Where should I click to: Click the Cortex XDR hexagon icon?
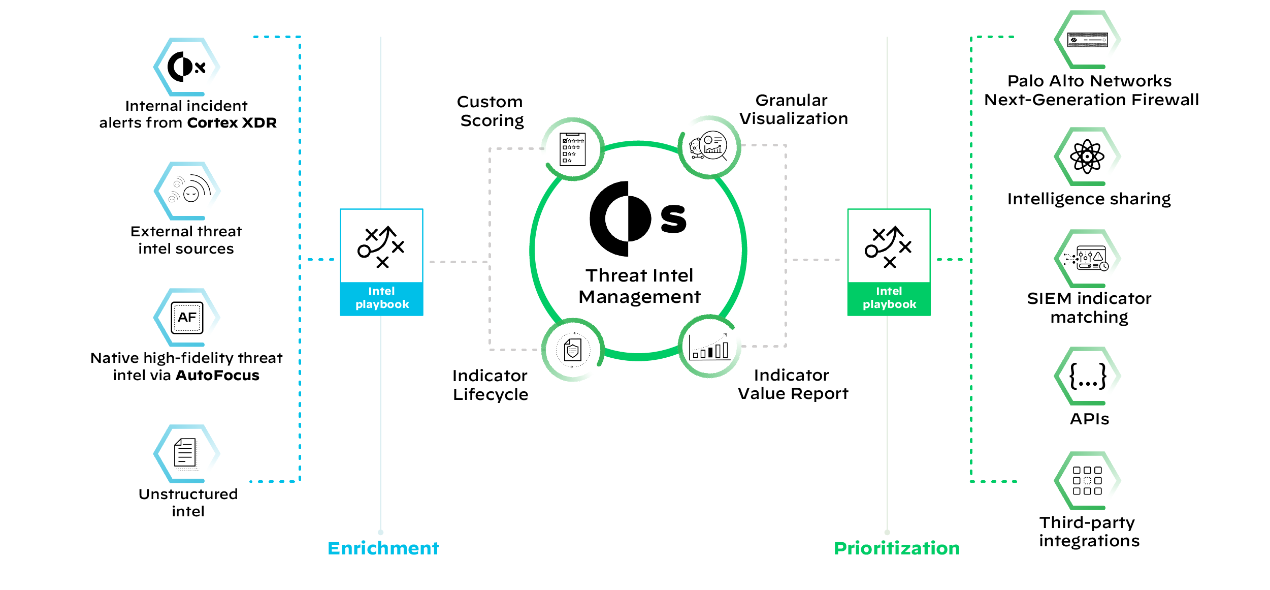point(186,67)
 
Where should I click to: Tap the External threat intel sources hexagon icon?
point(187,191)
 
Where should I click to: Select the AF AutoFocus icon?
point(187,317)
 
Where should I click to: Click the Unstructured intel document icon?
point(186,453)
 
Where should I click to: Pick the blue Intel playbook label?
point(382,298)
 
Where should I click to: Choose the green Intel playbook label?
point(889,298)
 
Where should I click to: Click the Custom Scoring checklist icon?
point(572,149)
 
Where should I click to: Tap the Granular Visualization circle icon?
point(709,147)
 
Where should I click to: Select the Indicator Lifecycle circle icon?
point(572,350)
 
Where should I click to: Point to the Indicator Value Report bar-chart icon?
point(709,347)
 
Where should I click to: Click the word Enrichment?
point(383,548)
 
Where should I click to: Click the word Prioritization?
point(897,548)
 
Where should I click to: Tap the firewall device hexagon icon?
point(1087,40)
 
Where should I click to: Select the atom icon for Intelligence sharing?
point(1087,157)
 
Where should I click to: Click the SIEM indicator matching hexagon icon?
point(1087,258)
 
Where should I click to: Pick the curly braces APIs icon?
point(1087,376)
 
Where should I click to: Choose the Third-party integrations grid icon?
point(1087,481)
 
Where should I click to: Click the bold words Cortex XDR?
point(232,123)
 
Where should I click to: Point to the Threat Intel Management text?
point(639,286)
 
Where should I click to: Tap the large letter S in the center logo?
point(673,219)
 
